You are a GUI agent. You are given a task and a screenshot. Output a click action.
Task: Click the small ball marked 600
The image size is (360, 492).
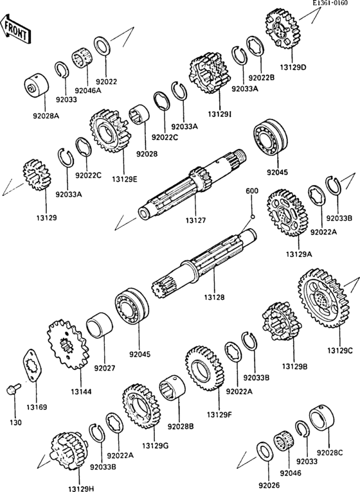[x=253, y=216]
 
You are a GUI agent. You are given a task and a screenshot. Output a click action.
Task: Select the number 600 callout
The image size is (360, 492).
[x=252, y=191]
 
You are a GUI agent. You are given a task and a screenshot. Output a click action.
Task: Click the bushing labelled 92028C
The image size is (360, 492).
[x=321, y=421]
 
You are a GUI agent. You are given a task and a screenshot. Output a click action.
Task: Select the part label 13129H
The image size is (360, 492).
[x=82, y=488]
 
